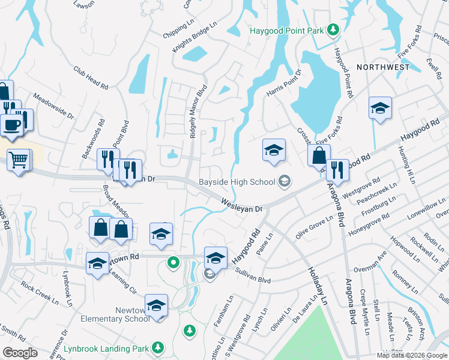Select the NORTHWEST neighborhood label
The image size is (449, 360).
coord(383,67)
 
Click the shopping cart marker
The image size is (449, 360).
coord(19,160)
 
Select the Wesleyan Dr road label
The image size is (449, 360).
coord(243,206)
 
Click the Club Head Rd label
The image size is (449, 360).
coord(91,77)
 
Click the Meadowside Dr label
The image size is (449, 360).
coord(53,106)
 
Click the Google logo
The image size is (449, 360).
coord(20,353)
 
